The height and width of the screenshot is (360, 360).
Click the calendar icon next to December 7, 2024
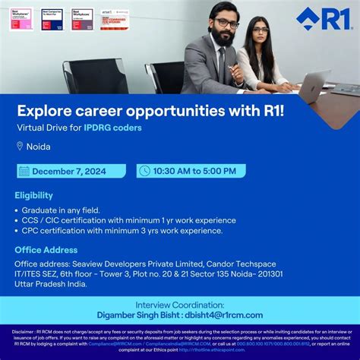click(24, 171)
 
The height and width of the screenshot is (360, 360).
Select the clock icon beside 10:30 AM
click(144, 171)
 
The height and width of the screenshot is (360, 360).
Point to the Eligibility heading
click(34, 195)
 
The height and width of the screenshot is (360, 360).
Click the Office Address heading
click(46, 250)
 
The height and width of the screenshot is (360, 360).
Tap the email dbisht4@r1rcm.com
click(227, 314)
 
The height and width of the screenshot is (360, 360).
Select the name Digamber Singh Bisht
click(141, 314)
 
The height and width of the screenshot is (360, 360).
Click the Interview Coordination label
click(179, 304)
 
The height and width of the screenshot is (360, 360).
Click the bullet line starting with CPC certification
click(122, 231)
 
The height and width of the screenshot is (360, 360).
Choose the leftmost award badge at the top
click(21, 18)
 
